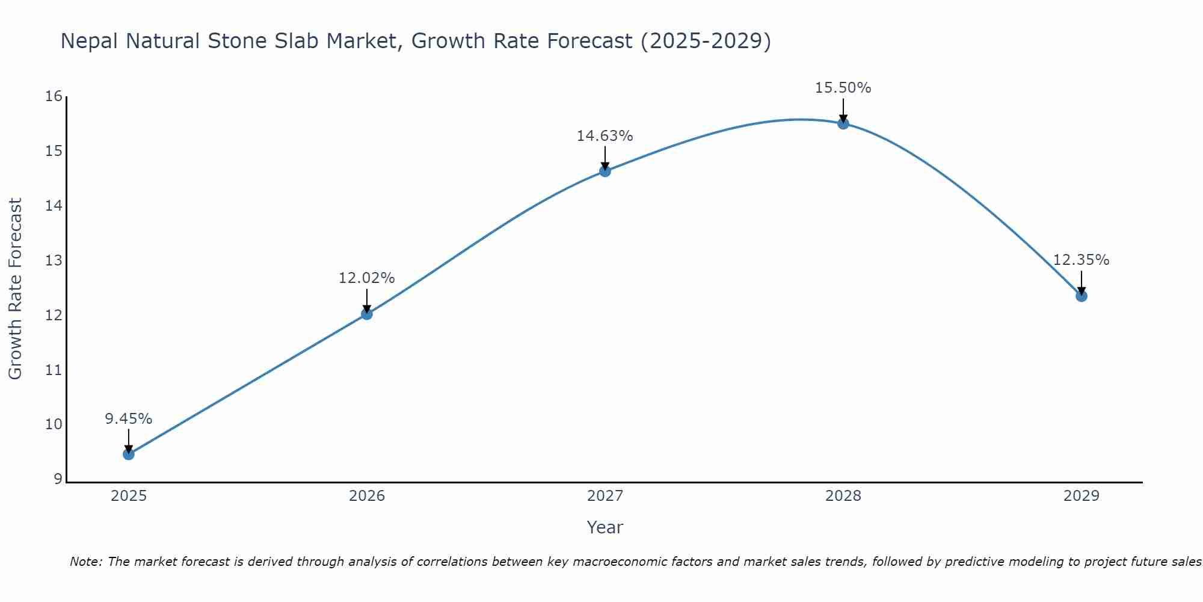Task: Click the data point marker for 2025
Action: coord(129,454)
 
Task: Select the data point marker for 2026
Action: coord(367,314)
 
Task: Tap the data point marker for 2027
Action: coord(605,171)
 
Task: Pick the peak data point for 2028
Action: coord(843,123)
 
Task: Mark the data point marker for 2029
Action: coord(1081,296)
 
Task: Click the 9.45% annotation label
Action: coord(129,419)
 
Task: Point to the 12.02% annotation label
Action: coord(367,278)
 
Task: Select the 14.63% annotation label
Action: coord(605,136)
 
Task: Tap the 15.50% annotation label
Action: coord(843,88)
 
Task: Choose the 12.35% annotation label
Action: coord(1081,260)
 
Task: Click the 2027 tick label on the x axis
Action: coord(605,496)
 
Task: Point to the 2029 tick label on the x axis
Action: coord(1081,496)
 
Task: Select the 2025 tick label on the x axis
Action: coord(129,496)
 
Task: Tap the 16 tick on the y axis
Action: coord(54,96)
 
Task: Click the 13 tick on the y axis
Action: coord(54,261)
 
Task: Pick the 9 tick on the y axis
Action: coord(58,479)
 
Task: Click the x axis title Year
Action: coord(605,527)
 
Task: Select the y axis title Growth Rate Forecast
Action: coord(16,288)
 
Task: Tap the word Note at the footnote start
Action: coord(86,562)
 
